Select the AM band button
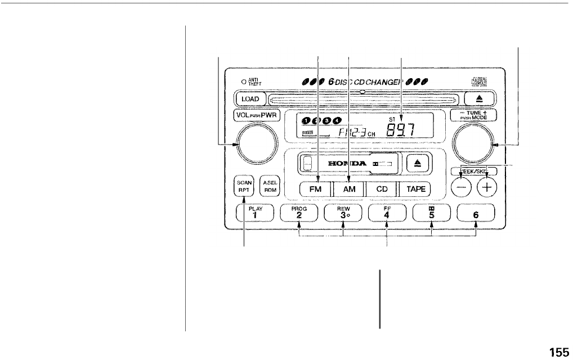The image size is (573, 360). coord(349,190)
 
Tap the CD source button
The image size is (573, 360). coord(382,190)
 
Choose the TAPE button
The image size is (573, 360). coord(416,190)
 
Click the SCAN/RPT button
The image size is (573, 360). coord(244,186)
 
